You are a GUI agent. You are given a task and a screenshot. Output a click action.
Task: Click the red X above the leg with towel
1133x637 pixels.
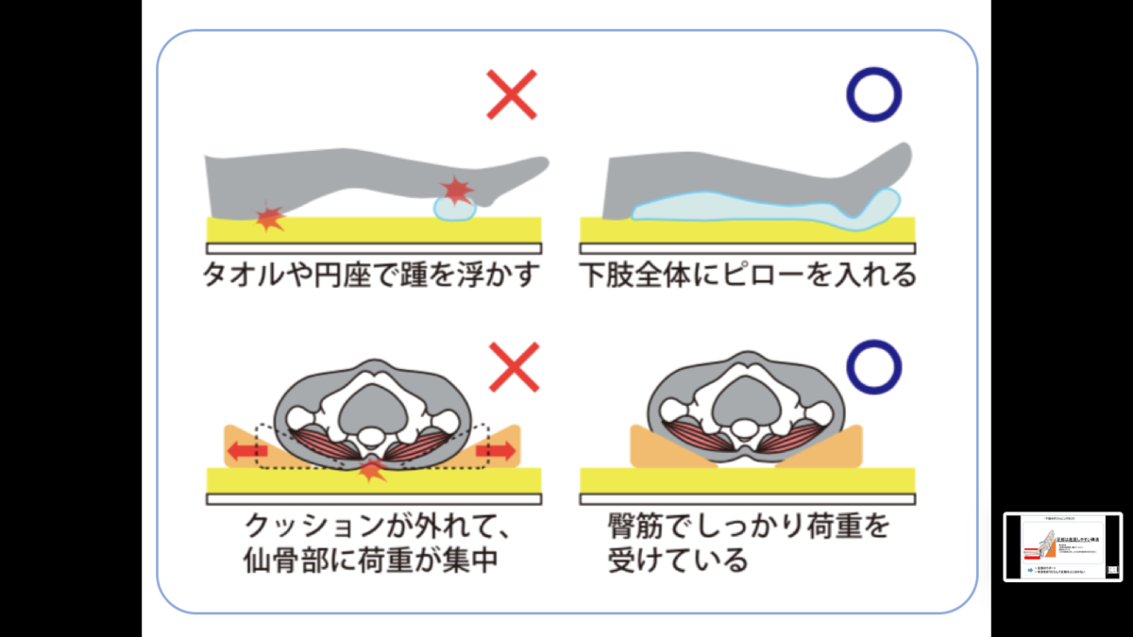pyautogui.click(x=511, y=94)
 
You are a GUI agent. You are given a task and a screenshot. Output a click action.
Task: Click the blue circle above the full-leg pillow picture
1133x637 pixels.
pyautogui.click(x=873, y=94)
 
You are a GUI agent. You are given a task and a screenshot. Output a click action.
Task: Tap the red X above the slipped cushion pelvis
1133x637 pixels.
pyautogui.click(x=514, y=368)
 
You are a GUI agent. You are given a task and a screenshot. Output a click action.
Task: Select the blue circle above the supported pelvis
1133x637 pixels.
pyautogui.click(x=873, y=365)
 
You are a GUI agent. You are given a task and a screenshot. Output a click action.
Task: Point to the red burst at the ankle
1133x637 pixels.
pyautogui.click(x=458, y=192)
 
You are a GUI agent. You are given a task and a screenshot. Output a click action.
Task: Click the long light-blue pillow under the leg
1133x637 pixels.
pyautogui.click(x=755, y=210)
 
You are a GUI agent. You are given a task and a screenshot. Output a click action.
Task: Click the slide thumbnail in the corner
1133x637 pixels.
pyautogui.click(x=1062, y=547)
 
